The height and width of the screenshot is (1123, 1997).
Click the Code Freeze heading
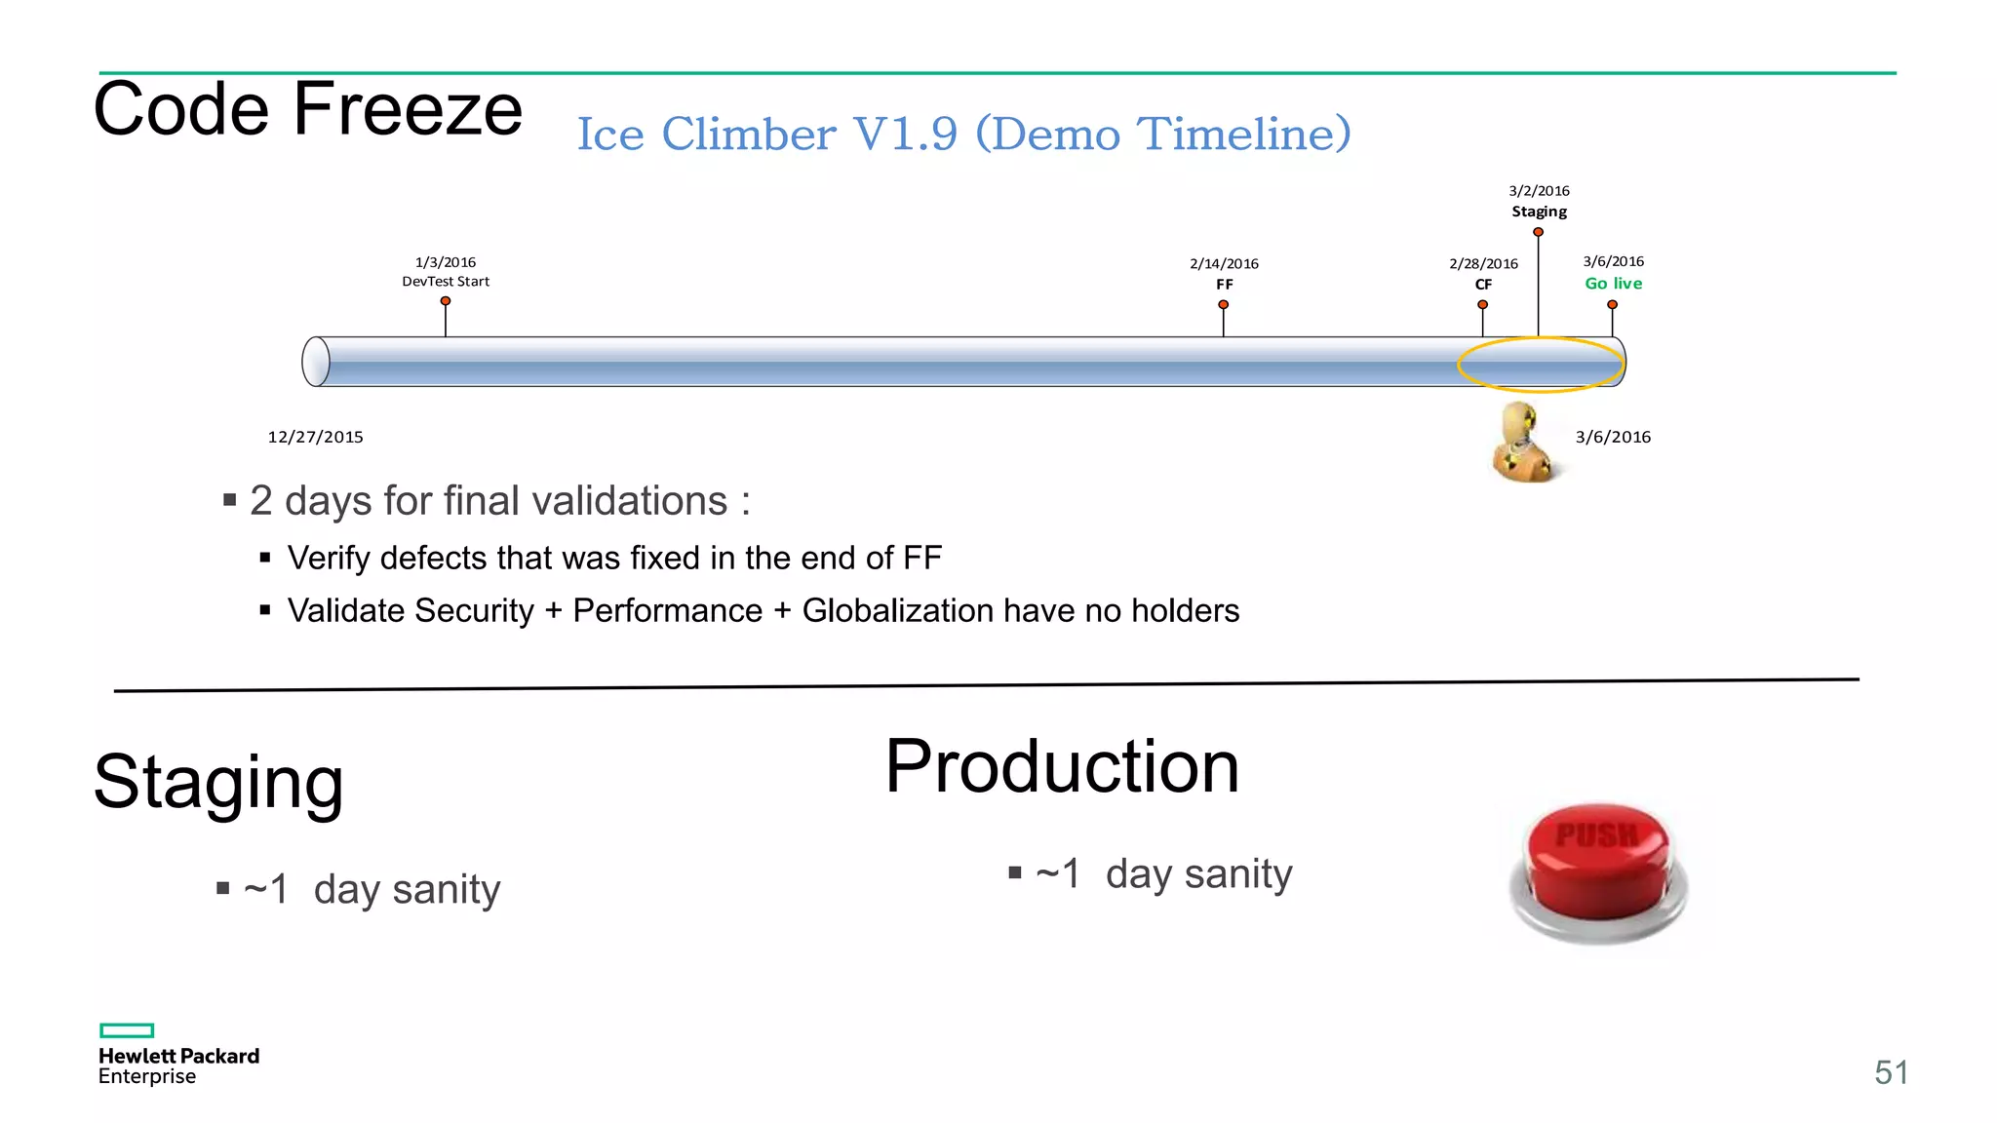(x=307, y=109)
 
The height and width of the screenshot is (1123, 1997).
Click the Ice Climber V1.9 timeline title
(x=963, y=134)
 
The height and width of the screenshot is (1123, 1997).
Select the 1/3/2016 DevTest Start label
(x=446, y=272)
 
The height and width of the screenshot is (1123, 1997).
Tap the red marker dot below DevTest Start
(x=446, y=301)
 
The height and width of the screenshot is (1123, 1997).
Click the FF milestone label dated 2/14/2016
(x=1224, y=274)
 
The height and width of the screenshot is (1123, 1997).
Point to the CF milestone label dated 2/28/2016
(x=1483, y=274)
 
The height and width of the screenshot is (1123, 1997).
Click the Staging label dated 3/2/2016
(x=1539, y=202)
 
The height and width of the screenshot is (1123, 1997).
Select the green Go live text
(x=1613, y=284)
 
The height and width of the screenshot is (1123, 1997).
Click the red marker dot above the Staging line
(x=1538, y=232)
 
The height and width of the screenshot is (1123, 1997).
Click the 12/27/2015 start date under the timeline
(x=315, y=437)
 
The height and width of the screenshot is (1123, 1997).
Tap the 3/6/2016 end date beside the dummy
(x=1613, y=437)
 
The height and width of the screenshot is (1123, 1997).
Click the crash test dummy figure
(x=1521, y=444)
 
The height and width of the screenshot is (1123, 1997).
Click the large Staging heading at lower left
(x=218, y=782)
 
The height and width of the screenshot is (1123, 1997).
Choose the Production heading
(x=1061, y=767)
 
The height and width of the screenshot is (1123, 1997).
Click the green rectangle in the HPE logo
(x=127, y=1030)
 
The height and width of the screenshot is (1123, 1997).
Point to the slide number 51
(x=1890, y=1072)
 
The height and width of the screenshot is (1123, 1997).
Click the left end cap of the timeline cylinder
(x=316, y=362)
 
